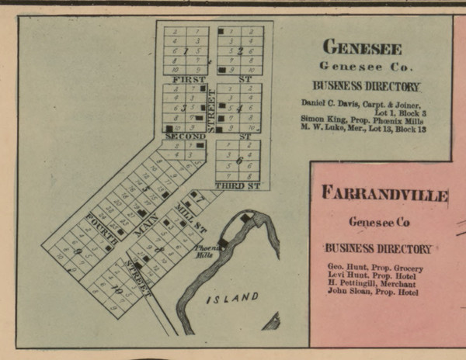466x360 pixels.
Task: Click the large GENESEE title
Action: [x=362, y=47]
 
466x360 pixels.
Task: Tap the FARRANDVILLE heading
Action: [x=384, y=193]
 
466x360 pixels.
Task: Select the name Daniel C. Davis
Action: [x=329, y=104]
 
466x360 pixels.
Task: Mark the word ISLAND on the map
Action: [x=232, y=298]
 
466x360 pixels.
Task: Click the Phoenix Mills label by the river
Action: [x=204, y=251]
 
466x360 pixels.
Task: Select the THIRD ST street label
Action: [x=237, y=186]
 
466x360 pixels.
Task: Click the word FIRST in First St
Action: [x=189, y=79]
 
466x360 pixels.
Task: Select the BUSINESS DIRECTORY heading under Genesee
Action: [x=366, y=86]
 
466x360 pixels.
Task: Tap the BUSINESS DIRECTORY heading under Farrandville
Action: [x=377, y=248]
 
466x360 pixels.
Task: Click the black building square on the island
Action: [x=248, y=220]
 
